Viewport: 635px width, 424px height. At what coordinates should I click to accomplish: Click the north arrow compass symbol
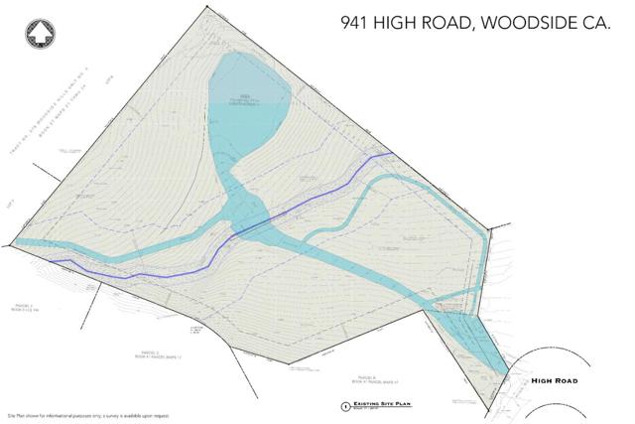pyautogui.click(x=40, y=32)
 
